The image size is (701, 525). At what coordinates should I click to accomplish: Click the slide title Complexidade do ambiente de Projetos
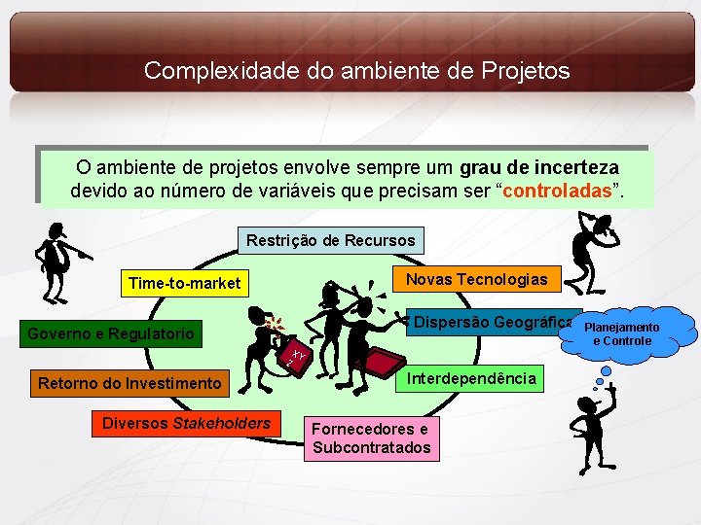(356, 71)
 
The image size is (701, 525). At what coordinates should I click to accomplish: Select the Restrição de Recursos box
(331, 240)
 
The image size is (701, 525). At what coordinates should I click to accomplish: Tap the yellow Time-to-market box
(184, 284)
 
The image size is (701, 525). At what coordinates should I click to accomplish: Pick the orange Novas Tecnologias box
(476, 279)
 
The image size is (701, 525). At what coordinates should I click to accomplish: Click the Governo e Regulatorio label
(111, 334)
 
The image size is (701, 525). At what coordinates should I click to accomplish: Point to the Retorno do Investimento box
(129, 384)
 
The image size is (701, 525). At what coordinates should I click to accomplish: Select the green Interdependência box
(471, 378)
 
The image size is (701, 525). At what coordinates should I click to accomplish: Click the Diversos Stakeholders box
(186, 423)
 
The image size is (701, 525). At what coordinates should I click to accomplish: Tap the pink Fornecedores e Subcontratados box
(371, 438)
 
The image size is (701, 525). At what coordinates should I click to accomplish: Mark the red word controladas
(559, 189)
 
